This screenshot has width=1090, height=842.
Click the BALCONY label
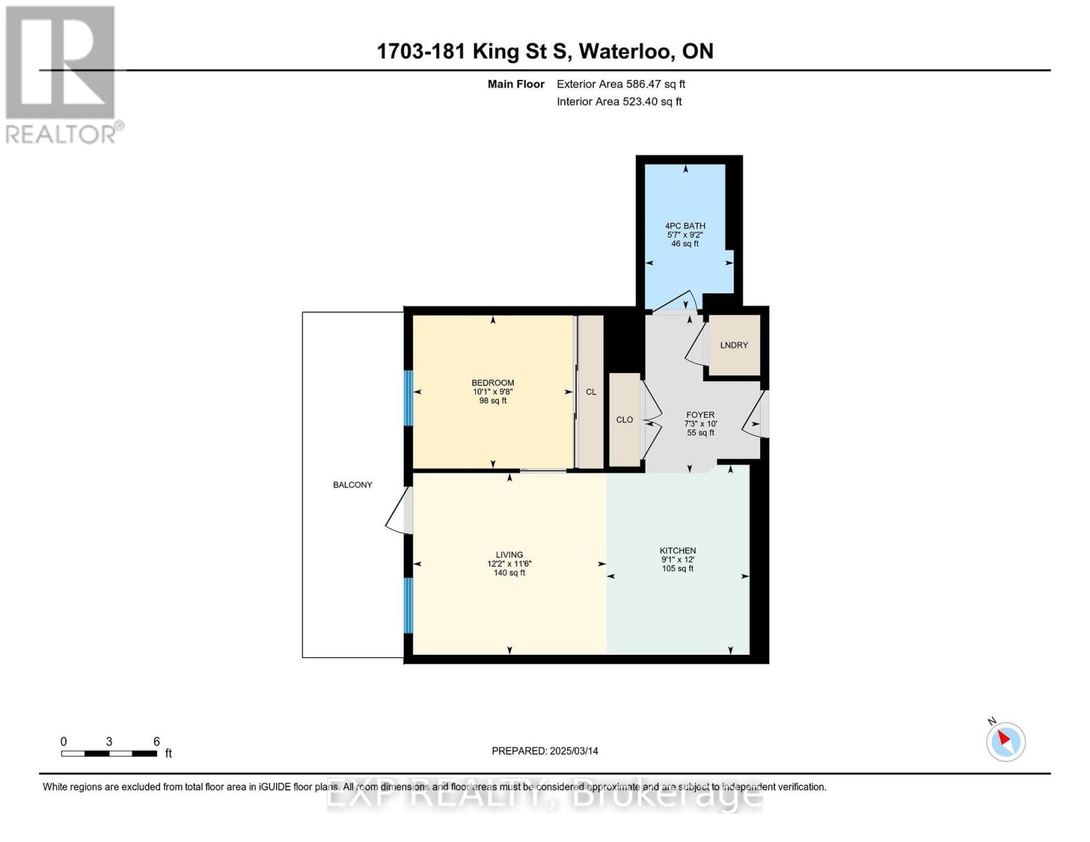point(352,484)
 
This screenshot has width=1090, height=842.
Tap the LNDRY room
point(734,345)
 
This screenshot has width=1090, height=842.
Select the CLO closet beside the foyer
point(625,420)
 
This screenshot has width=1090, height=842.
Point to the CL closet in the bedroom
point(591,392)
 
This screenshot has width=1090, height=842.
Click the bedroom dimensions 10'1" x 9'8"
point(493,392)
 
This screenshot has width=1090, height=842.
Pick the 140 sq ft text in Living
point(509,573)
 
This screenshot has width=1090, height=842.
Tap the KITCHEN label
point(678,551)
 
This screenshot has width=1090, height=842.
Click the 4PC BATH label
point(685,226)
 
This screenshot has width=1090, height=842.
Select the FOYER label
point(700,415)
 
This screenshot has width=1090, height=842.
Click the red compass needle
point(1004,737)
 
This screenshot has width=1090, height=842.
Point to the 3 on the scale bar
point(109,741)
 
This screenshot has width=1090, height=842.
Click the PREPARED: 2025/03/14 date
point(545,751)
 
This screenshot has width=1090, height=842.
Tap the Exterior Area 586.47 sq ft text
point(621,84)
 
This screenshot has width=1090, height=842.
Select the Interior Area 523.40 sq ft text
point(620,102)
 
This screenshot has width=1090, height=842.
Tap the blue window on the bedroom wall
point(408,398)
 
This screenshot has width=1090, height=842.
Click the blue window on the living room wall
point(408,606)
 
